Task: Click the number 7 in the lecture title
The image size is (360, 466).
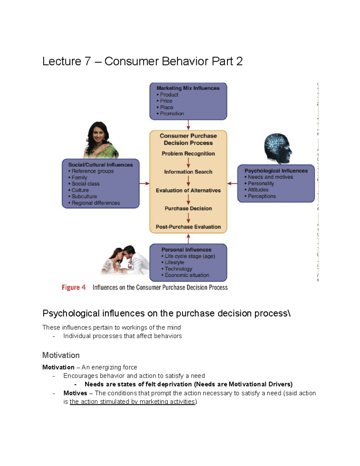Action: (87, 62)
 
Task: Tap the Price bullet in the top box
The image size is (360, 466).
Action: (166, 101)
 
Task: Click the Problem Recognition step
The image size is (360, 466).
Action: (188, 154)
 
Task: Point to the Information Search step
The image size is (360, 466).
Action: (188, 172)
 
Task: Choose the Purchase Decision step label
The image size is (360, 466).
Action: (188, 209)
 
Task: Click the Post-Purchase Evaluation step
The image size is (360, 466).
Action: (188, 227)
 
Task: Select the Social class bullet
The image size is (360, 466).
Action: (85, 184)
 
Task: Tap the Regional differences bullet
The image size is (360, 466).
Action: (95, 203)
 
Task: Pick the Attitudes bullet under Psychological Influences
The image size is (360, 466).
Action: (258, 190)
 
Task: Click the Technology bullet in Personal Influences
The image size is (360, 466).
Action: (178, 269)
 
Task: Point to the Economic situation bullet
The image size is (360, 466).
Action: (187, 275)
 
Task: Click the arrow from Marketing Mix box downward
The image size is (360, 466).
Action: (188, 125)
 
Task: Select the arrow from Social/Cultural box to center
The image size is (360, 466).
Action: (144, 183)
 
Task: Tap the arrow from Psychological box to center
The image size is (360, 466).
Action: (232, 183)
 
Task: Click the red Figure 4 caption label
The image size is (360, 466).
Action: (73, 287)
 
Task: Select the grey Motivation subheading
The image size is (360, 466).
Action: (61, 355)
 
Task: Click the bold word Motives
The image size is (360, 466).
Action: (75, 393)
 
